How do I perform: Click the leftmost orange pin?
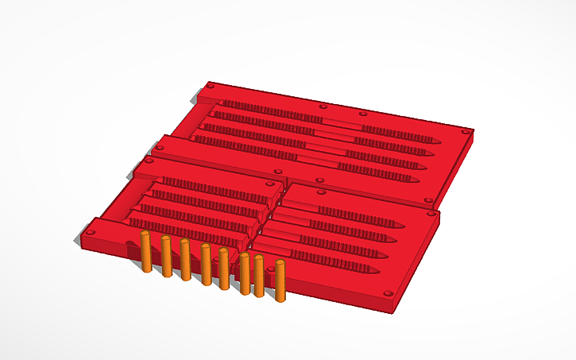146,253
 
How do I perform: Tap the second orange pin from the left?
166,256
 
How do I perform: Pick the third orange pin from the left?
185,259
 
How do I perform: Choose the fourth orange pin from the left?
206,264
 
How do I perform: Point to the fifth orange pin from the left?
224,268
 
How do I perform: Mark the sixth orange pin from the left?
245,273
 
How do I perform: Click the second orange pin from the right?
259,276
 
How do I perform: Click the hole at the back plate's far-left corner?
211,84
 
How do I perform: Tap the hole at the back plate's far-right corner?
466,130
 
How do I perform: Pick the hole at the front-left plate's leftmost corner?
89,232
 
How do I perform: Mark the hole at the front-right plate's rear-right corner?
429,200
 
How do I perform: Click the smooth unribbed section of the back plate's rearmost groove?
342,123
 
